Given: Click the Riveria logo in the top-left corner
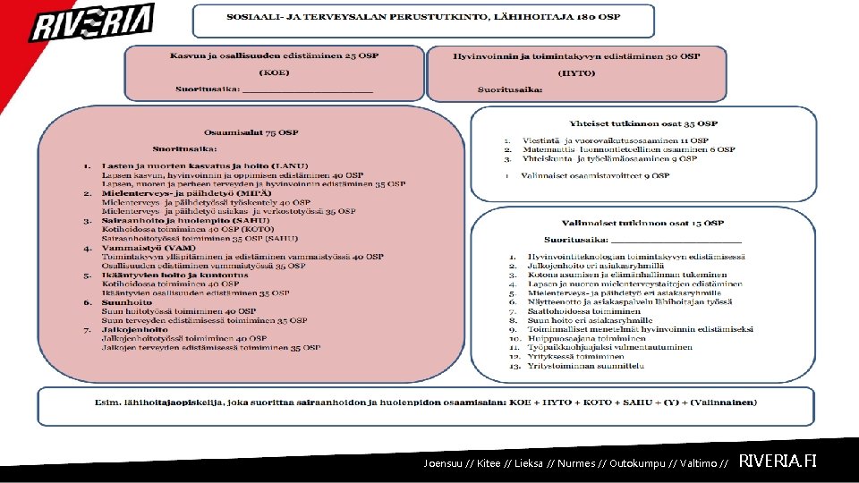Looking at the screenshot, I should pyautogui.click(x=92, y=23).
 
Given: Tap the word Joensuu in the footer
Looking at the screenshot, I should pyautogui.click(x=445, y=463).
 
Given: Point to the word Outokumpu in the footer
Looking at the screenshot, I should pyautogui.click(x=632, y=463).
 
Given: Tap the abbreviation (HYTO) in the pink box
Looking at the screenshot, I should pyautogui.click(x=576, y=72).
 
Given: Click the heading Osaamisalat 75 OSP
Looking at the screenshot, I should pyautogui.click(x=251, y=132).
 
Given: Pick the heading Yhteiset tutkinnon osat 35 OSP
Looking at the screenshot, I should pyautogui.click(x=642, y=123).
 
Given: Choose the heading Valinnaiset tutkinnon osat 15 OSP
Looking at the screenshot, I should pyautogui.click(x=642, y=223).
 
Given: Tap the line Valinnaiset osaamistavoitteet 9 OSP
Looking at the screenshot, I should pyautogui.click(x=594, y=176).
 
